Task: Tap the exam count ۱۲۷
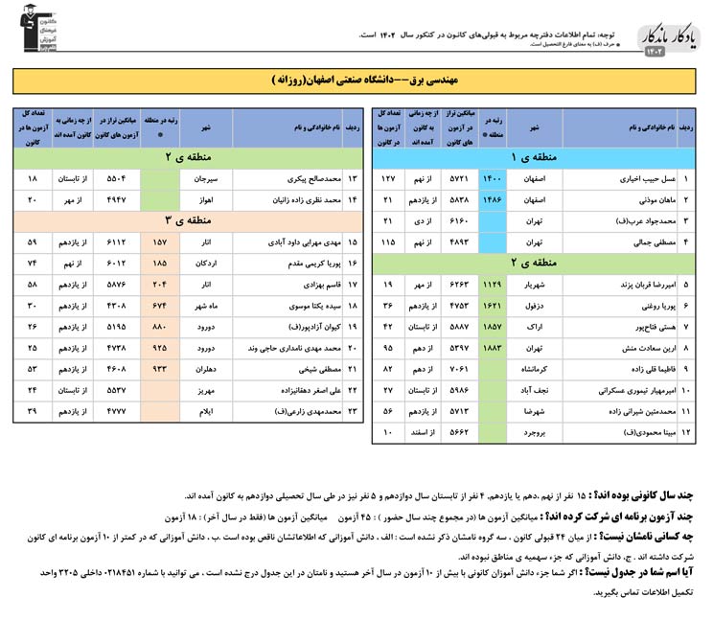tap(388, 179)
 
